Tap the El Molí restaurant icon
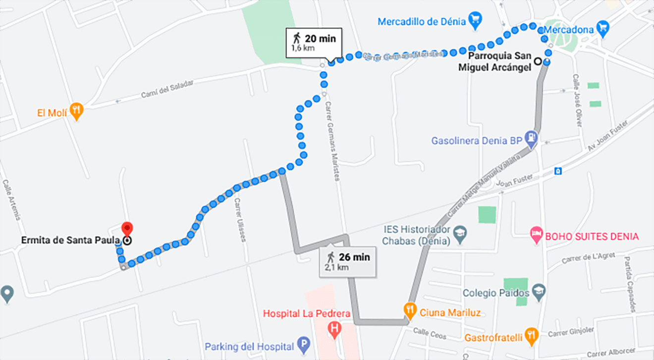tap(76, 111)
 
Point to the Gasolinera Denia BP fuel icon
tap(531, 139)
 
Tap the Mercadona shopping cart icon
tap(602, 28)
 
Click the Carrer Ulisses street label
tap(240, 220)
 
